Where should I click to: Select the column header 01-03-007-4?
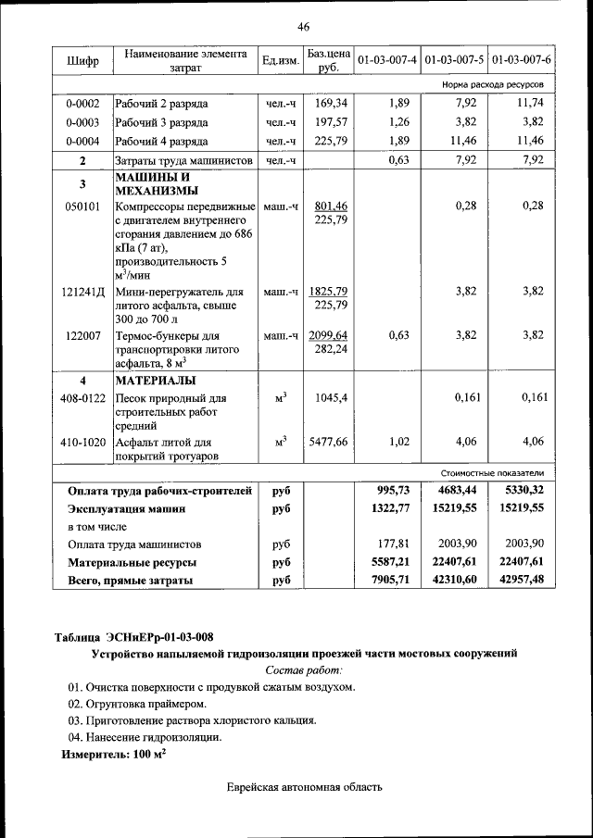386,60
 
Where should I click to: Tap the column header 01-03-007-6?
522,60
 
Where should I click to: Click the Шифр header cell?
82,61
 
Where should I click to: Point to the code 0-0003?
82,122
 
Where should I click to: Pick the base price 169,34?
330,103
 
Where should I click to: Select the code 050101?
82,206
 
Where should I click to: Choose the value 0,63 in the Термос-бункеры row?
397,334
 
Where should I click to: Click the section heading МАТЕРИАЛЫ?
155,380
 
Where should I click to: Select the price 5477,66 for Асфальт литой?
330,442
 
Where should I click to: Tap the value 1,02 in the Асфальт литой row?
397,442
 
